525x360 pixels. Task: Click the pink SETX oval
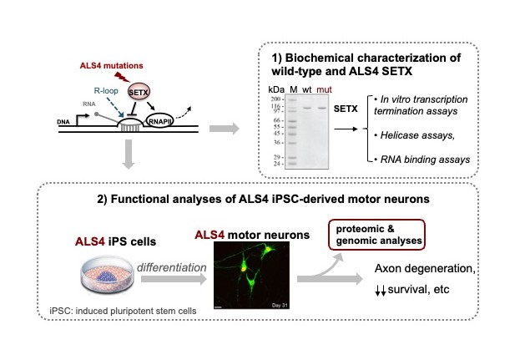[139, 92]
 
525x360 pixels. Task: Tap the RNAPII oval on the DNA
[159, 121]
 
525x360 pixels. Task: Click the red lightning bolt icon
[122, 77]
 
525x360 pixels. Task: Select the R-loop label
[106, 91]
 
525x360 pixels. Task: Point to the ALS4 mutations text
[111, 65]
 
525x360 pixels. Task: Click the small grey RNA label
[89, 104]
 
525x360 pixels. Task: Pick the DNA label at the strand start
[63, 122]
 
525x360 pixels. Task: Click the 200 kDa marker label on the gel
[276, 99]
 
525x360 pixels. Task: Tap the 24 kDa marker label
[277, 164]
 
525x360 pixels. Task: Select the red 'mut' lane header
[324, 90]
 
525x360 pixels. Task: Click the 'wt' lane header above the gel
[306, 90]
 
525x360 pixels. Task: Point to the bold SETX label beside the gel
[346, 109]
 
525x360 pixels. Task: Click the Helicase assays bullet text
[414, 135]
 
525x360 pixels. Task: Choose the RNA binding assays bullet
[422, 160]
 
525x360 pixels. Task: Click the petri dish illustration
[108, 274]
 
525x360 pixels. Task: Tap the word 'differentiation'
[171, 267]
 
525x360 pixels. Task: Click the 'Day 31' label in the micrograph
[280, 305]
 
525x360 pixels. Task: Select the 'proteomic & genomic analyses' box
[377, 235]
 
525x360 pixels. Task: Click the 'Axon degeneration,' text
[425, 268]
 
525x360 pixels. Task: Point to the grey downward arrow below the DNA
[129, 155]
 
